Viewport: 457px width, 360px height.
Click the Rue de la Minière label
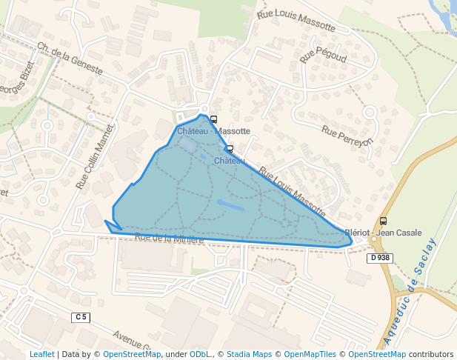point(170,239)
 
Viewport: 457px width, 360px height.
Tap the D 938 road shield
point(379,258)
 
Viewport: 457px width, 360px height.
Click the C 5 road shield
point(81,317)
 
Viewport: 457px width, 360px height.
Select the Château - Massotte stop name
point(213,131)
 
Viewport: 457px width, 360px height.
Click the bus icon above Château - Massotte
point(213,119)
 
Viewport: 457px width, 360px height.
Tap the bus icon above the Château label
point(230,149)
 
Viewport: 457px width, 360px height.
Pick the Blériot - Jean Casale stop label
point(383,232)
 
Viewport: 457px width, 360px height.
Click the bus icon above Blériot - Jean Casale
point(383,221)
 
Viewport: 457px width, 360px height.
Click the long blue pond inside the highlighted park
point(230,204)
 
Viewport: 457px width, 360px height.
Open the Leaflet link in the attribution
point(41,354)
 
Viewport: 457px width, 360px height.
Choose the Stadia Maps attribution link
point(249,354)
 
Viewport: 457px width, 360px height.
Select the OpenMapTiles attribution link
point(310,354)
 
